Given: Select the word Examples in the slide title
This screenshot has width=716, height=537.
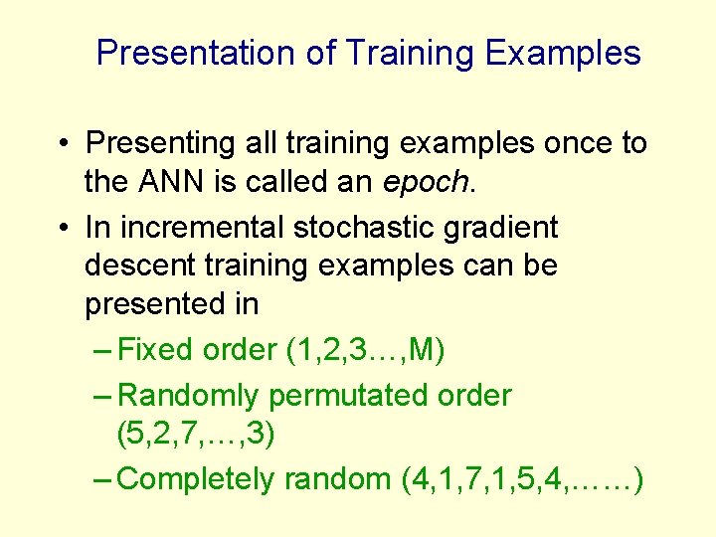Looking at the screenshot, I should [563, 53].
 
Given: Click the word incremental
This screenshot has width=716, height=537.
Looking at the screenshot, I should [199, 227].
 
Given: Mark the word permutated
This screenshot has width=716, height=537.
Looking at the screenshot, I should [350, 397].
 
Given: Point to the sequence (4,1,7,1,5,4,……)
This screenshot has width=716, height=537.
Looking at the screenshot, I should [521, 479].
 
